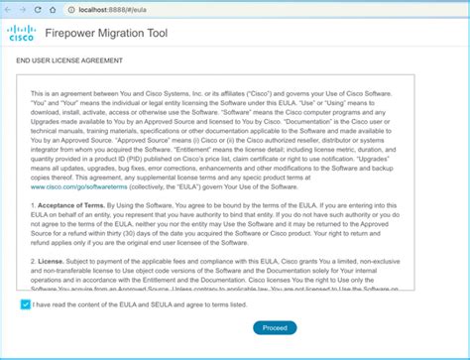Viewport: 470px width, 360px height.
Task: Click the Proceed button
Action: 274,326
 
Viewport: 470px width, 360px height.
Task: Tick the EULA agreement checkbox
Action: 24,304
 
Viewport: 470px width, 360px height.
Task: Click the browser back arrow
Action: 9,8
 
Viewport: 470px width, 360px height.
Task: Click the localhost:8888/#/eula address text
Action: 108,8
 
